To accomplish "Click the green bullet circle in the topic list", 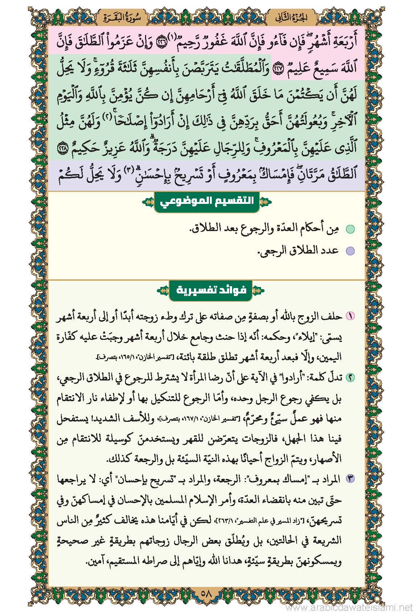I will coord(350,229).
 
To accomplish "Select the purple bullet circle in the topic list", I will coord(350,251).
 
